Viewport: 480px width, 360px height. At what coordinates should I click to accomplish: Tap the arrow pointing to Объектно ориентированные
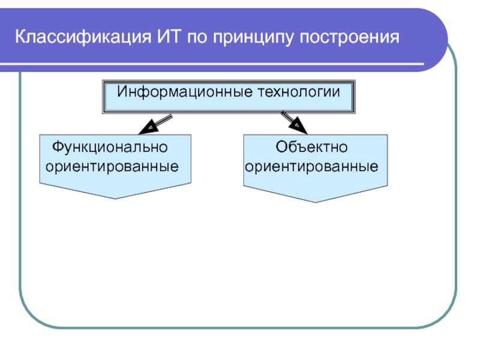tap(295, 122)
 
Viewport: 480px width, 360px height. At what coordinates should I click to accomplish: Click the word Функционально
tap(110, 146)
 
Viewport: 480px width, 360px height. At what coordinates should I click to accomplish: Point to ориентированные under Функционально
tap(113, 166)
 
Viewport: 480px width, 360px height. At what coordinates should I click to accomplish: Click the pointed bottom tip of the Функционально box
tap(115, 198)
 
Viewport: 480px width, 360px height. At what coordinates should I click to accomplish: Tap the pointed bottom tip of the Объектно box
tap(316, 201)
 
